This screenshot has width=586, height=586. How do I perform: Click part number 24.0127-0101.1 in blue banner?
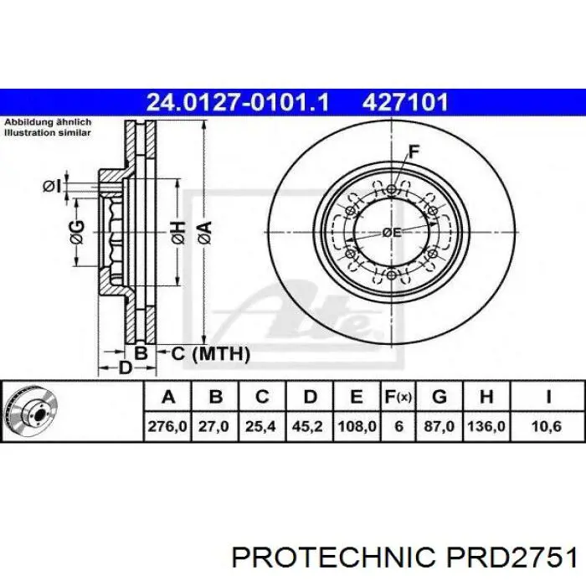coord(238,102)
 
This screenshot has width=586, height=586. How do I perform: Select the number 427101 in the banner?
coord(405,102)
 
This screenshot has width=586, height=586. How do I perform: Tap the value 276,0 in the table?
coord(167,426)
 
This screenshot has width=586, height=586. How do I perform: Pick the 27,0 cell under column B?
coord(213,426)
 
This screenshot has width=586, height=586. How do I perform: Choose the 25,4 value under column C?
coord(260,426)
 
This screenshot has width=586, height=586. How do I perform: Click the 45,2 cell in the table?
coord(307,426)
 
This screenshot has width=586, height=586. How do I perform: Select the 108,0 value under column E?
coord(357,426)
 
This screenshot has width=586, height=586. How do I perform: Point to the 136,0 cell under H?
coord(486,426)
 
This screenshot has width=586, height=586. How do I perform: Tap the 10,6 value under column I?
coord(547,426)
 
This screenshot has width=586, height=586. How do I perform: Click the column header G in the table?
coord(439,397)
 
